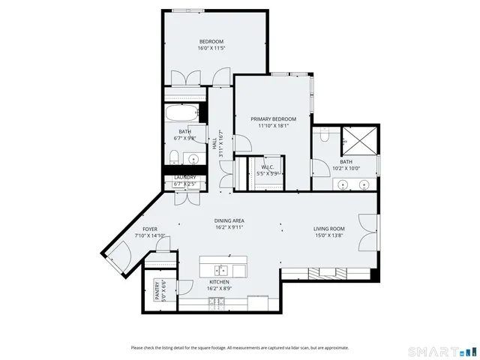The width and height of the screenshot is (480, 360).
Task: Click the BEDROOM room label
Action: (x=211, y=40)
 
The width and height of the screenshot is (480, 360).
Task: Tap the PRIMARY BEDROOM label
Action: (x=273, y=119)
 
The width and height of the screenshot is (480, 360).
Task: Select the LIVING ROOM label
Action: (x=328, y=228)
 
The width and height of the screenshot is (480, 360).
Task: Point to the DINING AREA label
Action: (x=229, y=220)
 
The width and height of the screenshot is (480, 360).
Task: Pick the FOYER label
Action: (x=150, y=229)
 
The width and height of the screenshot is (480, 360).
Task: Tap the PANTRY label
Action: (x=157, y=291)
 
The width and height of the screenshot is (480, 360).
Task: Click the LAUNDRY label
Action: (x=184, y=178)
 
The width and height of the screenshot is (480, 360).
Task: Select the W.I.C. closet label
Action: (x=267, y=166)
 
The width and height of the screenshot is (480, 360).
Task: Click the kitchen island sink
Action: (x=222, y=269)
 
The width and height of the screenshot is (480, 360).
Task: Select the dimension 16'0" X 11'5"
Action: (x=211, y=48)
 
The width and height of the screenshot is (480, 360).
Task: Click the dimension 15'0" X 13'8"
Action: (x=328, y=235)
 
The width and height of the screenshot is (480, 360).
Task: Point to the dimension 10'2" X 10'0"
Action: (x=346, y=168)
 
